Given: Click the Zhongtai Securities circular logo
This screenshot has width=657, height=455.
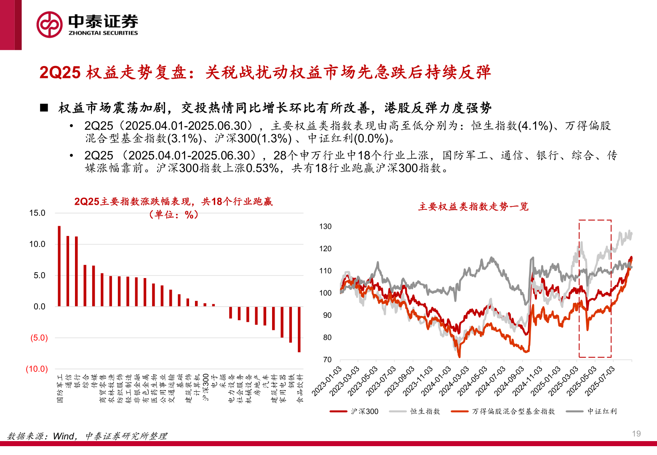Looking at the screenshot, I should pyautogui.click(x=49, y=24).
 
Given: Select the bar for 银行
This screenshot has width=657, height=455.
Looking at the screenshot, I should pyautogui.click(x=76, y=271).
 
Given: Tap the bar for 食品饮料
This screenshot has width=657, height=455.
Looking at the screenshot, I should pyautogui.click(x=299, y=329).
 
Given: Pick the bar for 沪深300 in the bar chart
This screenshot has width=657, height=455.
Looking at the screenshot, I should pyautogui.click(x=205, y=305).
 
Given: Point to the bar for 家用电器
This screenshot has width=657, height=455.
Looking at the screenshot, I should pyautogui.click(x=282, y=322).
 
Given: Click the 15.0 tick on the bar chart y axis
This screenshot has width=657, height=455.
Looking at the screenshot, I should pyautogui.click(x=37, y=213).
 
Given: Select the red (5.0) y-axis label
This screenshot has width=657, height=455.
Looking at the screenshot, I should pyautogui.click(x=39, y=338).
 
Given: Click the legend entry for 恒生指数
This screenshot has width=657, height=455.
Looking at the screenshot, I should pyautogui.click(x=425, y=411).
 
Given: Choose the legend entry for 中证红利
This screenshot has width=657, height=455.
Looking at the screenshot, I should pyautogui.click(x=602, y=411).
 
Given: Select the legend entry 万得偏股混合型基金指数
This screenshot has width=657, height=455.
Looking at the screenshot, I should pyautogui.click(x=513, y=411).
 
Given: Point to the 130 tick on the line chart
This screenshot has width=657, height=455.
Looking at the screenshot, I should pyautogui.click(x=326, y=227).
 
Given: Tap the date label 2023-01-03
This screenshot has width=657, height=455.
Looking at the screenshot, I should pyautogui.click(x=326, y=381).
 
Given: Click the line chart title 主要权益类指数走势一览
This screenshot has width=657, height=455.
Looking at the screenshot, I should pyautogui.click(x=473, y=206).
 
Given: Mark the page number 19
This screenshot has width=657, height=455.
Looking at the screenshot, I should pyautogui.click(x=636, y=434).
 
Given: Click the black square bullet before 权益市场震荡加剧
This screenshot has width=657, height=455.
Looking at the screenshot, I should pyautogui.click(x=44, y=108).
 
